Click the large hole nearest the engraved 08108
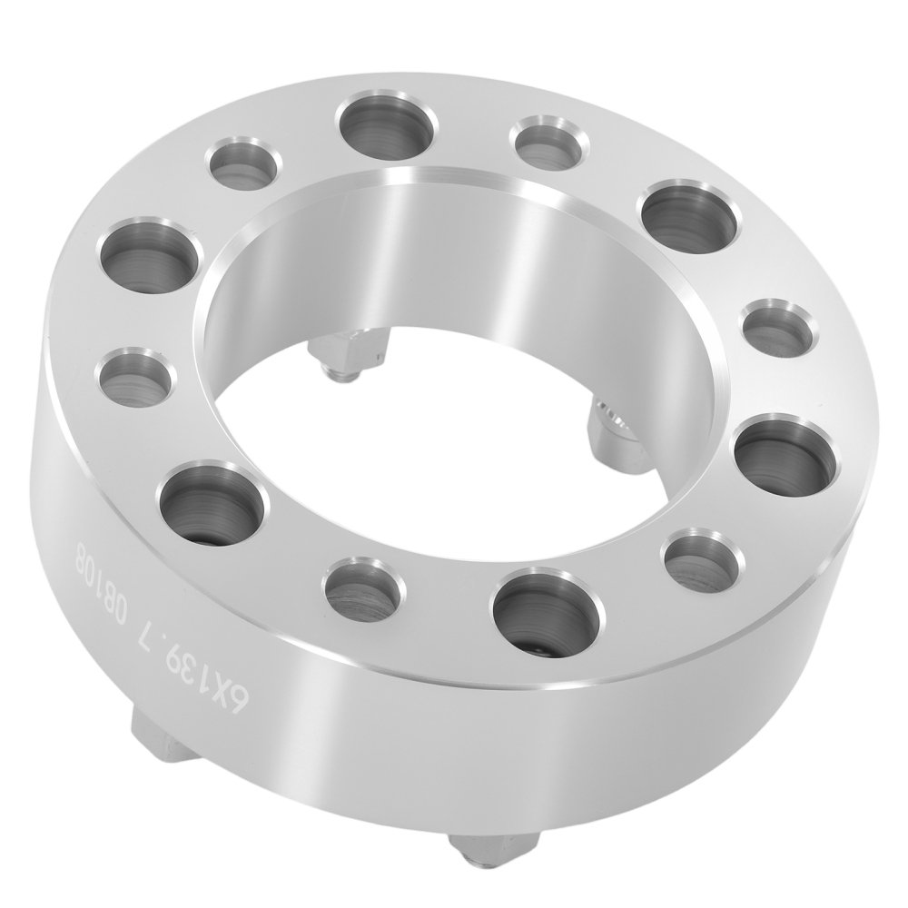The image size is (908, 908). point(213,504)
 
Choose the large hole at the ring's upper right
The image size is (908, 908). point(691,215)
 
